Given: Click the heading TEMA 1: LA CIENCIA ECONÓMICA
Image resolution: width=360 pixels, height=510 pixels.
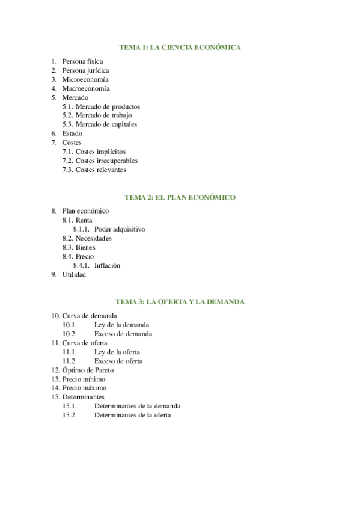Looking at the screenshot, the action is (180, 47).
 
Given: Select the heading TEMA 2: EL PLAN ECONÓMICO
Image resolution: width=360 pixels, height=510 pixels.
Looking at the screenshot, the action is (180, 197).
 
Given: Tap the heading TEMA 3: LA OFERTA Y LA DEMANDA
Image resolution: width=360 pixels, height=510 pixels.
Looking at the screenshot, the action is (180, 301).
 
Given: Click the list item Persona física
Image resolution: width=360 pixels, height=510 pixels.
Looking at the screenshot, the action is (82, 61).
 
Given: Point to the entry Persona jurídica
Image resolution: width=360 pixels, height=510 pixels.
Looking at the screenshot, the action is (85, 70).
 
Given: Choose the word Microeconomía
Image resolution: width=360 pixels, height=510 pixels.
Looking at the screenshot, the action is (85, 79).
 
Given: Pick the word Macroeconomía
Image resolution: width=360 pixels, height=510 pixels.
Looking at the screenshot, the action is (86, 88).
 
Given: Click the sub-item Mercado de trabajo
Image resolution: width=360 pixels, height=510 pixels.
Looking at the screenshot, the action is (103, 115).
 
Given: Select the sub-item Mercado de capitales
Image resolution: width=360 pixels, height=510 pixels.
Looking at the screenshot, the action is (106, 124).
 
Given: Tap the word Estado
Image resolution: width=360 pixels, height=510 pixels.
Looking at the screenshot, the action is (73, 134).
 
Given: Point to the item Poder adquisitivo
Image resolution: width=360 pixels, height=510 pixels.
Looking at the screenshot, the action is (120, 229).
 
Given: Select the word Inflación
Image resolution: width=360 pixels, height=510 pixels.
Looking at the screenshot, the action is (108, 265).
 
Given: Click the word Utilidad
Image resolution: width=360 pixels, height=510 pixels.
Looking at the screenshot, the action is (75, 274).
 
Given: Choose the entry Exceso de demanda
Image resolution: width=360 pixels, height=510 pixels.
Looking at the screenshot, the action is (123, 334).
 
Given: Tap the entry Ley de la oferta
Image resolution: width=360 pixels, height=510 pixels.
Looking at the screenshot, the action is (117, 352).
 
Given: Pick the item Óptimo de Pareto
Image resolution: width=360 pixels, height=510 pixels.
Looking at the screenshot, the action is (88, 370).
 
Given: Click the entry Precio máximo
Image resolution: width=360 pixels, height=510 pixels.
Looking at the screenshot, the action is (84, 388).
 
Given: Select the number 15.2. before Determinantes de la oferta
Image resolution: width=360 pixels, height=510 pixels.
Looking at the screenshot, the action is (70, 415).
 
